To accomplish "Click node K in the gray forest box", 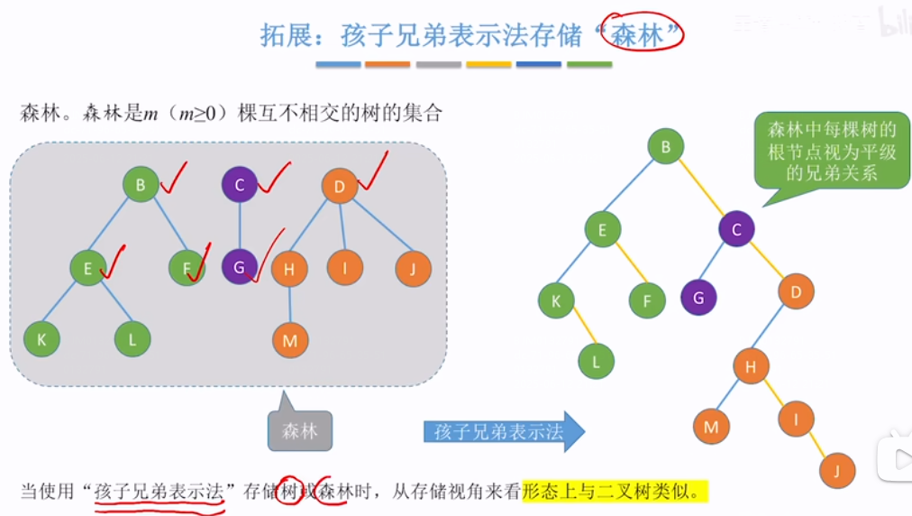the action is point(41,339).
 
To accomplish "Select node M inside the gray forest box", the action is point(290,340).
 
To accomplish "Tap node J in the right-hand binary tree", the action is point(837,470).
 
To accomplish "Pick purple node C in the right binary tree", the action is point(736,229).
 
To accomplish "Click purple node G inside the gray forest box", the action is point(239,268).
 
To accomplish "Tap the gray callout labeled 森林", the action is point(299,430).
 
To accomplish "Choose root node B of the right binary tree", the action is point(665,147).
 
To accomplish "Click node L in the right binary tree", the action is point(596,361).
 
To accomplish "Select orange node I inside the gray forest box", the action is point(345,268).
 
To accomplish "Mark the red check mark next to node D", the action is point(373,170).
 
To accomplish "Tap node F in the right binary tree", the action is point(647,300).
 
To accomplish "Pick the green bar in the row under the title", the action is point(589,65).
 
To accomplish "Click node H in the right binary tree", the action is point(751,366).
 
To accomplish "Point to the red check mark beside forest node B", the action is point(174,178).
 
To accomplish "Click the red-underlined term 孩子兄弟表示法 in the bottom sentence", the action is point(158,492).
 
